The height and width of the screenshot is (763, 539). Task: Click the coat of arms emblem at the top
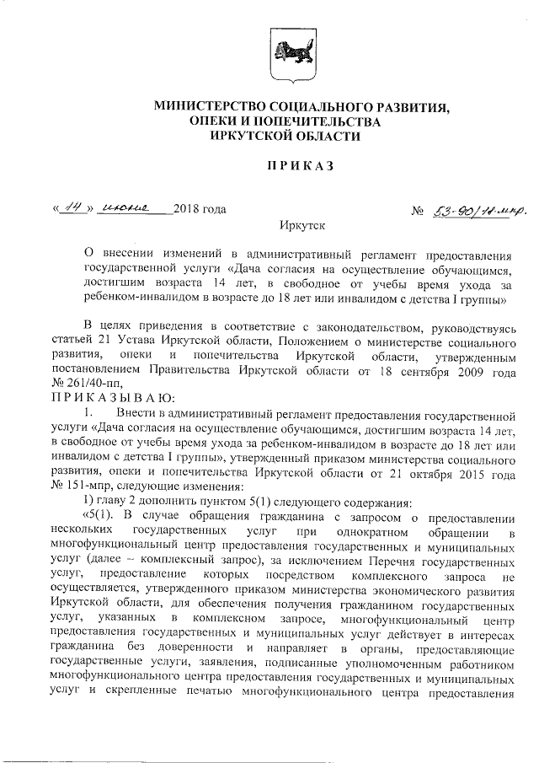280,56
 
